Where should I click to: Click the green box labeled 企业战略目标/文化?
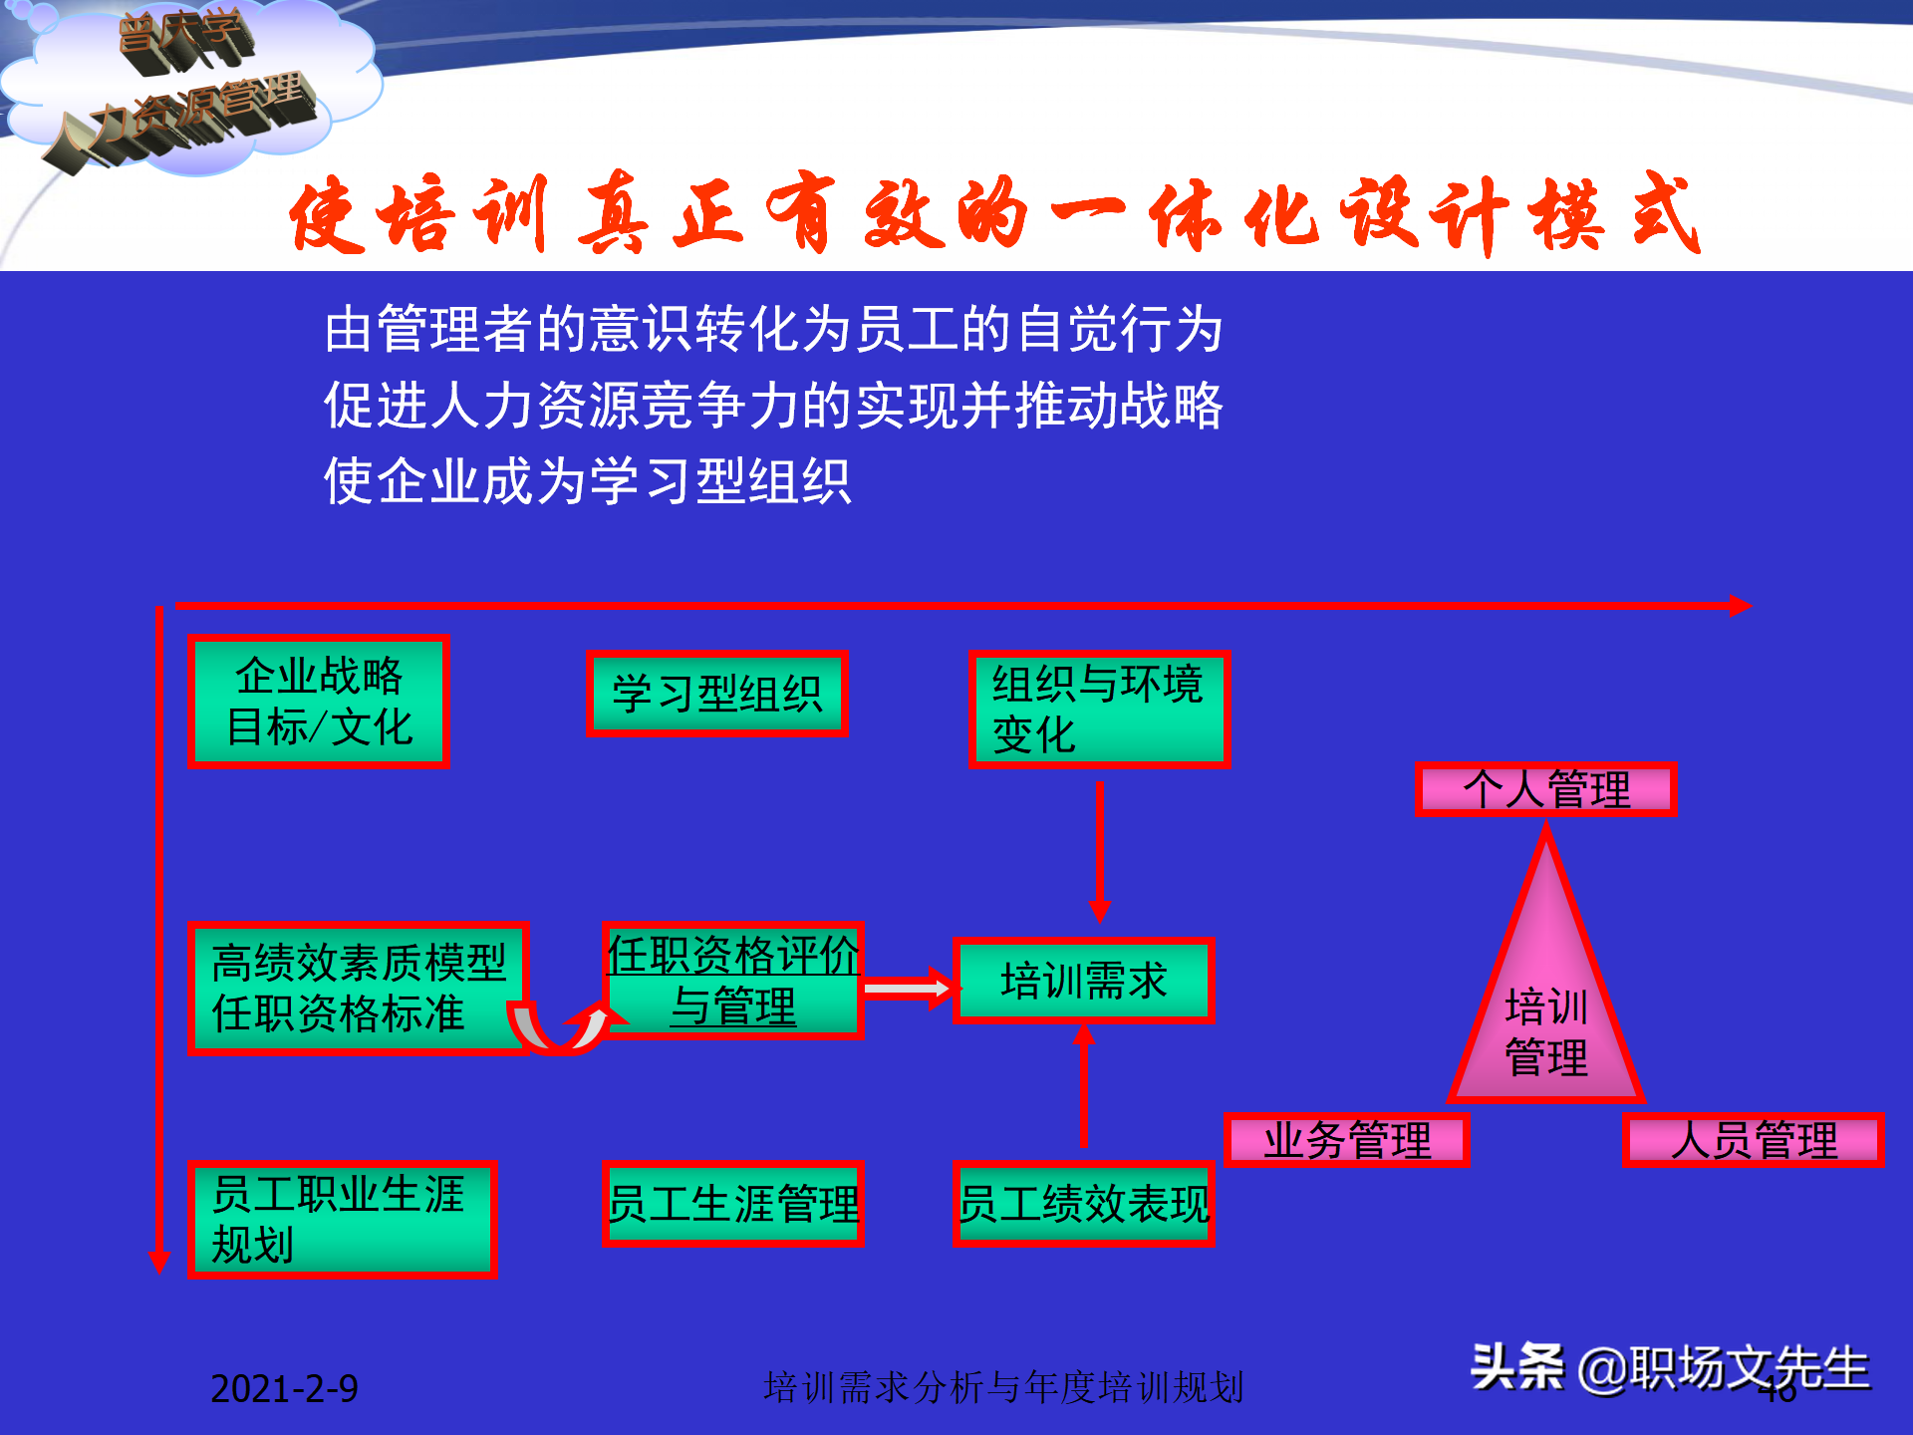click(319, 701)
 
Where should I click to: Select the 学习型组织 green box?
click(716, 694)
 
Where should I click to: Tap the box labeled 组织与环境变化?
click(1099, 709)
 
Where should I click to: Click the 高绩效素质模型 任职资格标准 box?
click(357, 988)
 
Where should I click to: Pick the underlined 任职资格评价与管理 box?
click(732, 981)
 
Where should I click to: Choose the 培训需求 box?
click(1083, 981)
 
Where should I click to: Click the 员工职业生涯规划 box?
click(341, 1219)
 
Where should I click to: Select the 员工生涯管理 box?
click(732, 1203)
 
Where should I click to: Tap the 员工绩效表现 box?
click(1083, 1203)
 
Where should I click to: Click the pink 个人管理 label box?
click(1545, 789)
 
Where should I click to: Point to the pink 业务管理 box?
click(1346, 1140)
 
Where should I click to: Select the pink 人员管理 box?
click(1753, 1140)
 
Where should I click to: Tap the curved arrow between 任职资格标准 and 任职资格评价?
click(563, 1030)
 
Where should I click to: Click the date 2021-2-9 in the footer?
click(284, 1388)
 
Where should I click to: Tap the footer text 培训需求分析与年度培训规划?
click(1003, 1387)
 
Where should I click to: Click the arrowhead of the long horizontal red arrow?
click(1739, 605)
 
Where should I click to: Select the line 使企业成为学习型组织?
click(588, 481)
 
